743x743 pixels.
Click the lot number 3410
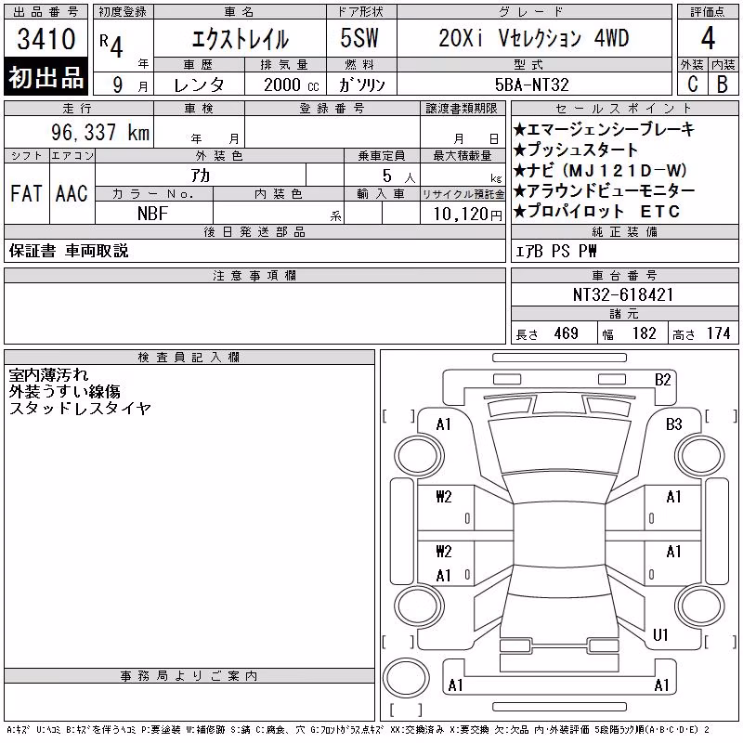click(x=46, y=39)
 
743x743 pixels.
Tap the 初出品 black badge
click(x=46, y=77)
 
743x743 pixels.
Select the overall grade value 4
click(x=708, y=38)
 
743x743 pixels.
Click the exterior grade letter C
click(x=692, y=85)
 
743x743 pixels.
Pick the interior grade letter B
click(x=723, y=85)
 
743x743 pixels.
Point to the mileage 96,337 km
click(x=100, y=132)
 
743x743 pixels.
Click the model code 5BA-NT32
click(x=531, y=85)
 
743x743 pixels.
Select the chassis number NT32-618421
click(x=622, y=294)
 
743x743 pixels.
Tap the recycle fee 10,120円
click(x=467, y=215)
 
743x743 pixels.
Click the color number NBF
click(x=152, y=214)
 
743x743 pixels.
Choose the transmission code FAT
click(x=26, y=193)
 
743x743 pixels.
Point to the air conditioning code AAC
click(x=72, y=193)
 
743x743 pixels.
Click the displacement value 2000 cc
click(x=292, y=85)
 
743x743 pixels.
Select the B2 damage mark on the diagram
click(x=662, y=380)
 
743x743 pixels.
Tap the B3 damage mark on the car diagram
click(x=673, y=424)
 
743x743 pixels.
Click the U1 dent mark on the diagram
click(x=660, y=635)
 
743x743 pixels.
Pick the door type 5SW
click(x=359, y=38)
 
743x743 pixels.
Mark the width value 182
click(x=644, y=333)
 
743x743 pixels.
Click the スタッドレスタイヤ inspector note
click(x=80, y=408)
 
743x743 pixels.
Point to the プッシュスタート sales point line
click(x=576, y=150)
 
